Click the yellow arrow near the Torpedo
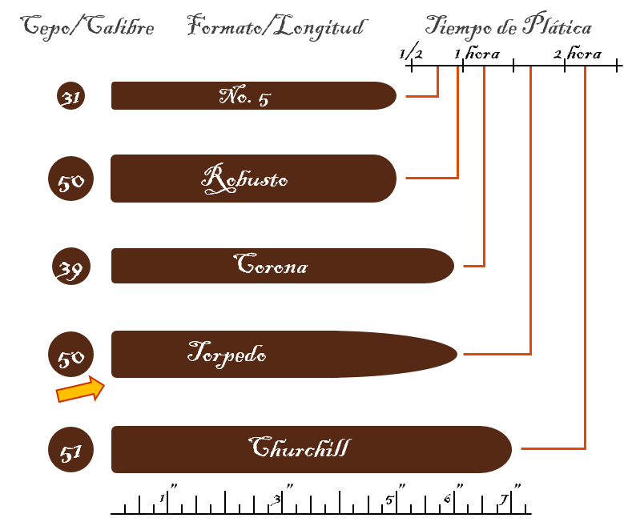[x=80, y=389]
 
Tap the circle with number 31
[x=70, y=96]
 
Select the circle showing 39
[x=71, y=266]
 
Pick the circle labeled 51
[x=70, y=450]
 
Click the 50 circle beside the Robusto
[x=70, y=179]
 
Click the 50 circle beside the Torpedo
[x=70, y=354]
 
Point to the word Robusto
[x=244, y=179]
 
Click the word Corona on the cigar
[x=271, y=264]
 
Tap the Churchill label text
[x=300, y=447]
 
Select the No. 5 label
[x=245, y=96]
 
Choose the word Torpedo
[x=227, y=354]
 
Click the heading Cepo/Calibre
[x=87, y=27]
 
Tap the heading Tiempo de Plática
[x=509, y=26]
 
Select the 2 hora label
[x=578, y=53]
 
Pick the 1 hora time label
[x=477, y=53]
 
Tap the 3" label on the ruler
[x=282, y=496]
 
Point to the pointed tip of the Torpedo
[x=457, y=354]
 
